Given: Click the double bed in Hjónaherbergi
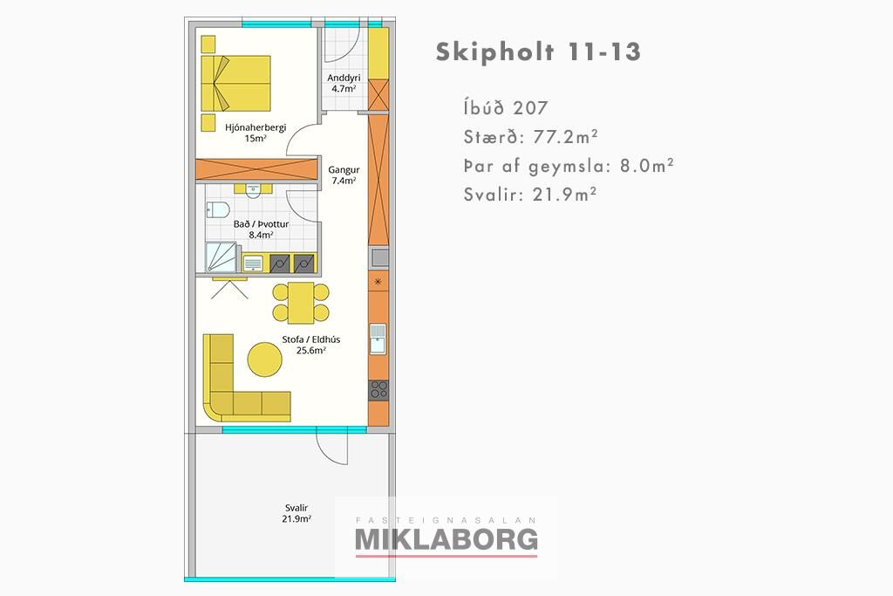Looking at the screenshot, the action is click(235, 83).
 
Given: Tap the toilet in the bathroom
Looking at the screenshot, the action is click(217, 209).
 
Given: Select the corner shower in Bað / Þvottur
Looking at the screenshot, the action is click(221, 257).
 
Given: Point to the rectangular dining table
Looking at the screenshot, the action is click(301, 303).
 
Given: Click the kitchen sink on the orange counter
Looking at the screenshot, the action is click(378, 339).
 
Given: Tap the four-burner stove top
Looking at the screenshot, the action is click(378, 390).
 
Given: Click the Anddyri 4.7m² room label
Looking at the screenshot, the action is click(344, 83).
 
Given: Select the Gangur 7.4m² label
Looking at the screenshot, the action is click(344, 175).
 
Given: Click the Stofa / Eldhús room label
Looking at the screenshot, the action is click(311, 345).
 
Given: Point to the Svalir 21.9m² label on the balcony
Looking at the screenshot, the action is click(297, 513).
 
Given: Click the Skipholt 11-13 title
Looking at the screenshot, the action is click(538, 51).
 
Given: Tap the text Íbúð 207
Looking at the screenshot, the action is click(506, 107).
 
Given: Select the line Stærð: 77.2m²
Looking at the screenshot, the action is click(531, 137).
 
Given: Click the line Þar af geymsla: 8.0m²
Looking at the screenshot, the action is click(569, 166).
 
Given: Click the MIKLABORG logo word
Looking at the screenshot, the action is click(446, 539).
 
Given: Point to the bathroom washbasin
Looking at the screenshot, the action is click(254, 190).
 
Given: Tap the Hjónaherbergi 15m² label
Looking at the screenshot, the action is click(256, 133).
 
